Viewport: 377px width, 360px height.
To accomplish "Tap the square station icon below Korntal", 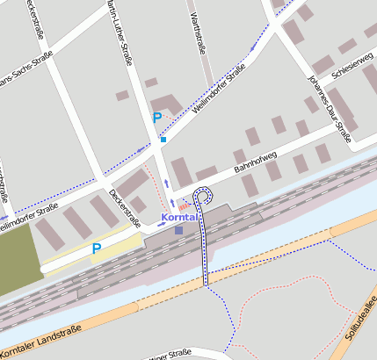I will (179, 230).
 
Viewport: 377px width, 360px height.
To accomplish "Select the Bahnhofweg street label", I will (255, 160).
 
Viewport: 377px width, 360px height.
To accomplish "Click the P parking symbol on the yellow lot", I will (97, 249).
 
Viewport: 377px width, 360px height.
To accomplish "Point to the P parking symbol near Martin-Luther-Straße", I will (157, 118).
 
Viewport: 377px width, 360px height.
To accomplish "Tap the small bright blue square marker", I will (163, 139).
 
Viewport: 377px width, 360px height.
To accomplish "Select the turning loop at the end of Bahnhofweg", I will (205, 195).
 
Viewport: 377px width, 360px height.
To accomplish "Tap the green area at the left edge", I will (18, 255).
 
